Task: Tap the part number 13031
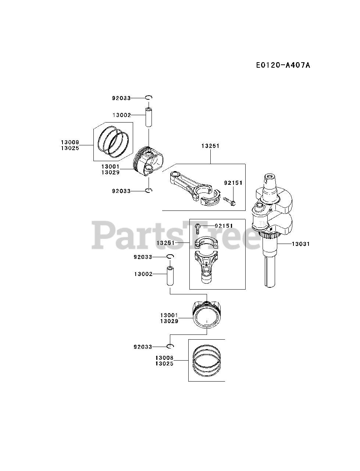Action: click(x=301, y=244)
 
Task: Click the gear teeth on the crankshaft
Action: click(x=266, y=235)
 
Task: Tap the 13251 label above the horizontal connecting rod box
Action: click(x=210, y=146)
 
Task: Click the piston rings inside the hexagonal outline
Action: click(x=114, y=142)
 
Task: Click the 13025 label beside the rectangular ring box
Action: click(x=164, y=364)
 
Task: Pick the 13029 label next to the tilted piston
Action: click(x=110, y=172)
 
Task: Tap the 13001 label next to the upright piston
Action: click(x=169, y=315)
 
